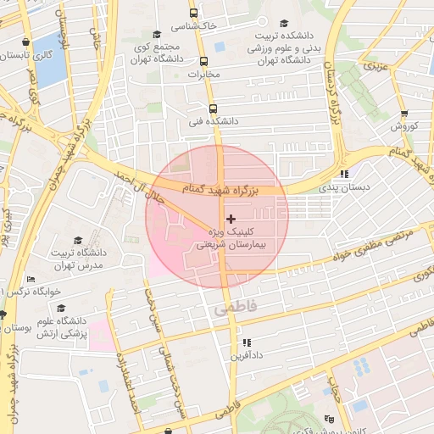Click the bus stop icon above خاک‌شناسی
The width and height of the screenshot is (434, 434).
[x=194, y=14]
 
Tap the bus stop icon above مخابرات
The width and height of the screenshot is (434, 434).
[x=203, y=61]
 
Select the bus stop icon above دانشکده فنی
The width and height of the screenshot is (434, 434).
[x=212, y=108]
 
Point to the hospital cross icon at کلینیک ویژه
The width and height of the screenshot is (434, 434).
[x=231, y=219]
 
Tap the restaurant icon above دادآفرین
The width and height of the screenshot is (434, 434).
[x=246, y=342]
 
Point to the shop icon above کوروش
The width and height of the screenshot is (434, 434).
[x=404, y=113]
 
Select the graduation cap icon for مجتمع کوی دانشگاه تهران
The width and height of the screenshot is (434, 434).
[x=157, y=34]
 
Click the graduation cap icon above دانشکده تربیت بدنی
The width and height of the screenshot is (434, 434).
[x=285, y=22]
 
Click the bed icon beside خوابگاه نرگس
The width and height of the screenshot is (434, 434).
[x=31, y=279]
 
